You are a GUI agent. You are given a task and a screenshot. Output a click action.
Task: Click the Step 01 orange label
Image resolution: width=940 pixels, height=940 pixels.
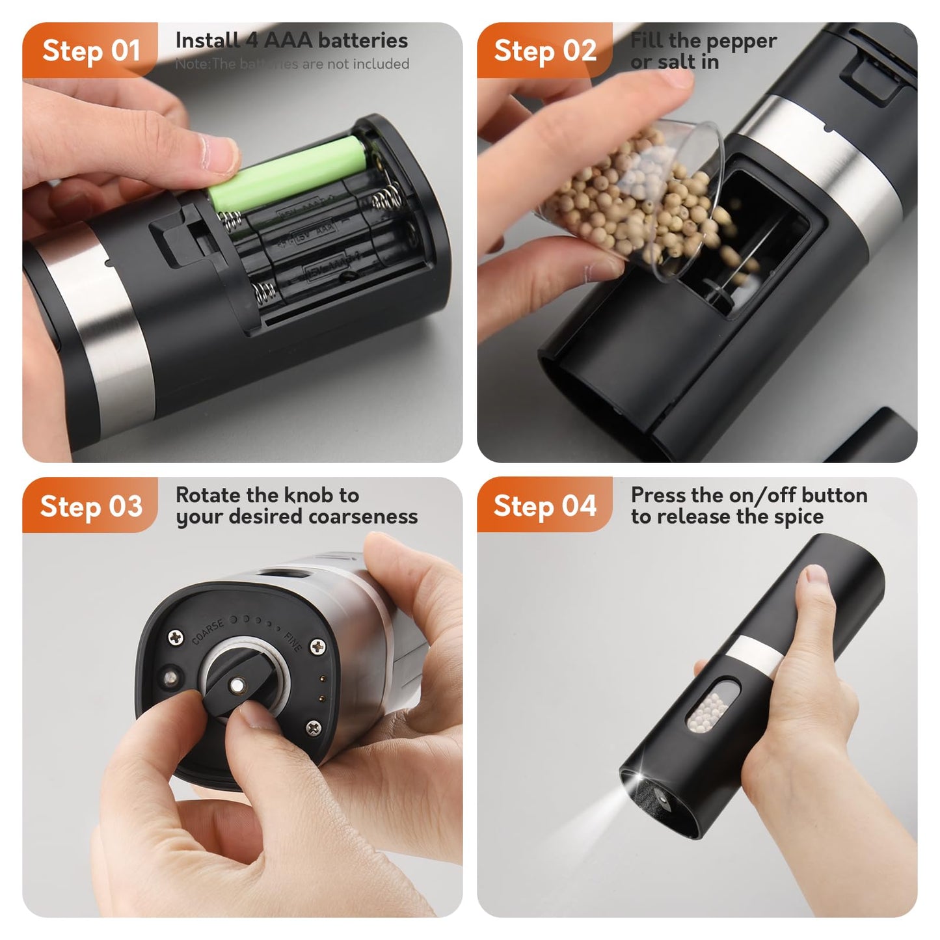pyautogui.click(x=90, y=51)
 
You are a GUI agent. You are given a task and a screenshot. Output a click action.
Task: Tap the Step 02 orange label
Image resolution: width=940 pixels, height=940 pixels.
pyautogui.click(x=545, y=51)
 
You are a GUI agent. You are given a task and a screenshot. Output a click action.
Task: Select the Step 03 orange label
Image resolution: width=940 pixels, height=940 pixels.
pyautogui.click(x=90, y=506)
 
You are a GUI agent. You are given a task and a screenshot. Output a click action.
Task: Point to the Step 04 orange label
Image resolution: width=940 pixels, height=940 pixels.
pyautogui.click(x=545, y=506)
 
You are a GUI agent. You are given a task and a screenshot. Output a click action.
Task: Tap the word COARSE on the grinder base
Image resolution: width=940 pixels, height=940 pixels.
pyautogui.click(x=208, y=631)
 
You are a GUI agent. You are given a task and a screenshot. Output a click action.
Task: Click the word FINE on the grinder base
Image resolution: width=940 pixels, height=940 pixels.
pyautogui.click(x=293, y=641)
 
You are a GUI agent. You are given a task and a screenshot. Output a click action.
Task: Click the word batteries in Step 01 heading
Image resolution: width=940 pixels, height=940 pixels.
pyautogui.click(x=362, y=40)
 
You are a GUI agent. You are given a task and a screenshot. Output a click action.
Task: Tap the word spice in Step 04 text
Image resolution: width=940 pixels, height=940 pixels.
pyautogui.click(x=799, y=517)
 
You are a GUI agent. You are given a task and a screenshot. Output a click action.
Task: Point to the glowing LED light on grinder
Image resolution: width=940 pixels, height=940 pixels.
pyautogui.click(x=634, y=779)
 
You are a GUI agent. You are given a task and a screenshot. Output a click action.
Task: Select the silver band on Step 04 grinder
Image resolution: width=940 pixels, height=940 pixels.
pyautogui.click(x=755, y=654)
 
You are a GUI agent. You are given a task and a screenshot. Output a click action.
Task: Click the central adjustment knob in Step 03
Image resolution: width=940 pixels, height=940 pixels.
pyautogui.click(x=237, y=686)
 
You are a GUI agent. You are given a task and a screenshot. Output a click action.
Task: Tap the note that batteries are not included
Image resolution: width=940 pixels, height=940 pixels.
pyautogui.click(x=292, y=64)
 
